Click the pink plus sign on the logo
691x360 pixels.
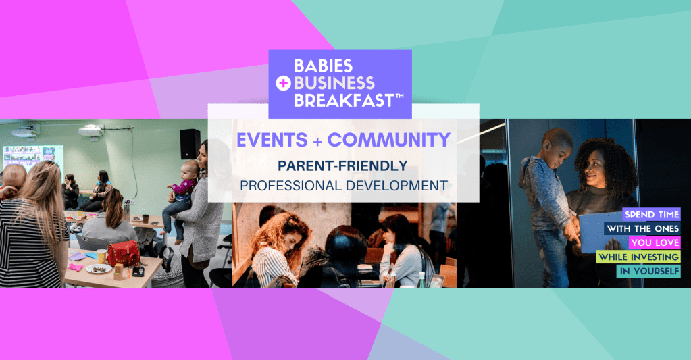click(x=282, y=83)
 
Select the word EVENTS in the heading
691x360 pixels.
click(x=268, y=140)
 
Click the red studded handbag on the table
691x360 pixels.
click(x=124, y=253)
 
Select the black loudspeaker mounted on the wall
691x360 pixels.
click(x=190, y=143)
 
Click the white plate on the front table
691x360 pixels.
click(x=99, y=269)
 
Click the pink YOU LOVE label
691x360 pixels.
click(x=655, y=242)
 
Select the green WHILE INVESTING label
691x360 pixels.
click(x=638, y=257)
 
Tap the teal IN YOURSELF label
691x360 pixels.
click(x=648, y=271)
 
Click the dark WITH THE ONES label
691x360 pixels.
click(x=642, y=228)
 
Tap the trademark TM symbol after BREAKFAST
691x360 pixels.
click(x=399, y=97)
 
